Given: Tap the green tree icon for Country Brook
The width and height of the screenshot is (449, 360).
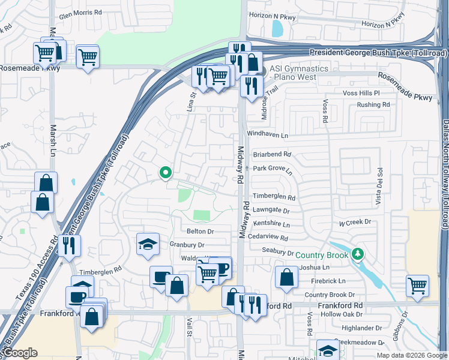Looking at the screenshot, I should pyautogui.click(x=358, y=254).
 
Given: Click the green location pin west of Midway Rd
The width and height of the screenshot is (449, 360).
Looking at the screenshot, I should pyautogui.click(x=165, y=173).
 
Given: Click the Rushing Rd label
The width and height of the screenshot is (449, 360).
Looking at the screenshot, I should pyautogui.click(x=373, y=104).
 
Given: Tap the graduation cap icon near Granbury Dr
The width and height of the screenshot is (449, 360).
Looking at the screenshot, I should pyautogui.click(x=148, y=244).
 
